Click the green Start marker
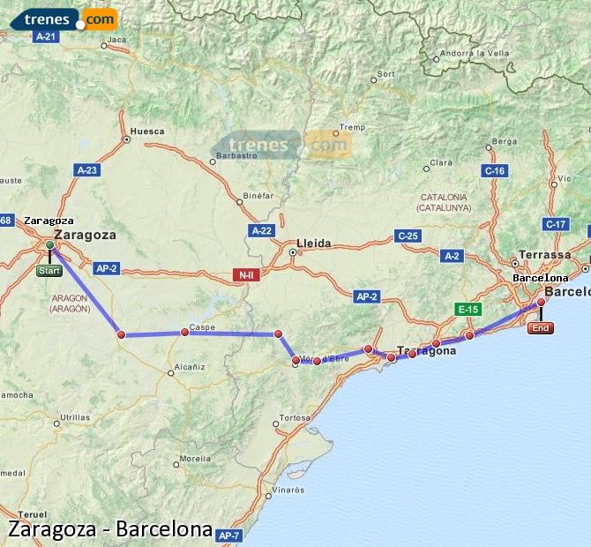coord(49,271)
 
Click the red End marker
coord(541,328)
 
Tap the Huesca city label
coord(146,131)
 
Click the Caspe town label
coord(203,327)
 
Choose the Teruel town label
coord(32,513)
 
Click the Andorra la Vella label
coord(475,53)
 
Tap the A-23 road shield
coord(87,170)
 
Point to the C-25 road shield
coord(408,236)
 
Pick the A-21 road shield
coord(45,37)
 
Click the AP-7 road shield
coord(228,536)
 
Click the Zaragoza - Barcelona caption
coord(110,530)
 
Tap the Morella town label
coord(195,459)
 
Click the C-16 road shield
coord(494,170)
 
